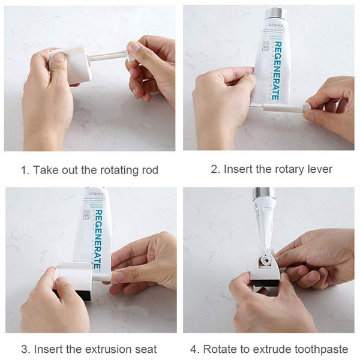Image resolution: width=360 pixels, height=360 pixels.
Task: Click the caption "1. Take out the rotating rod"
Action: [x=89, y=170]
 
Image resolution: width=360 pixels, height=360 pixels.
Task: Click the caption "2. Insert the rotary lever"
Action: [x=271, y=169]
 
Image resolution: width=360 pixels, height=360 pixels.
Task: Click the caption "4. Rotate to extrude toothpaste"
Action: [x=271, y=349]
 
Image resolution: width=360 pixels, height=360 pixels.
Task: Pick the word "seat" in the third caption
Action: [x=145, y=349]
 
